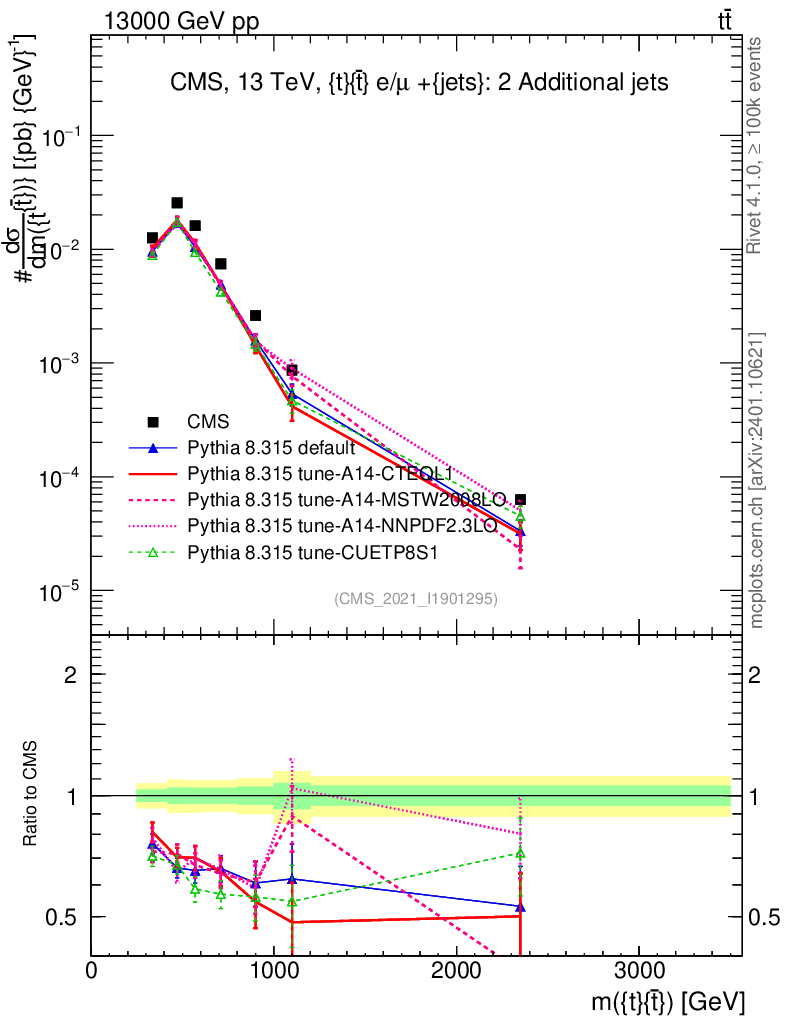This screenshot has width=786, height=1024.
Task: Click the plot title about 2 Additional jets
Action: click(x=418, y=83)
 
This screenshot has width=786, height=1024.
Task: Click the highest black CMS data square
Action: click(x=177, y=203)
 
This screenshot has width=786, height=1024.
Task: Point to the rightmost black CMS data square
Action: click(x=520, y=499)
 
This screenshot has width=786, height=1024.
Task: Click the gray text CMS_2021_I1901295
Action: click(x=416, y=598)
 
